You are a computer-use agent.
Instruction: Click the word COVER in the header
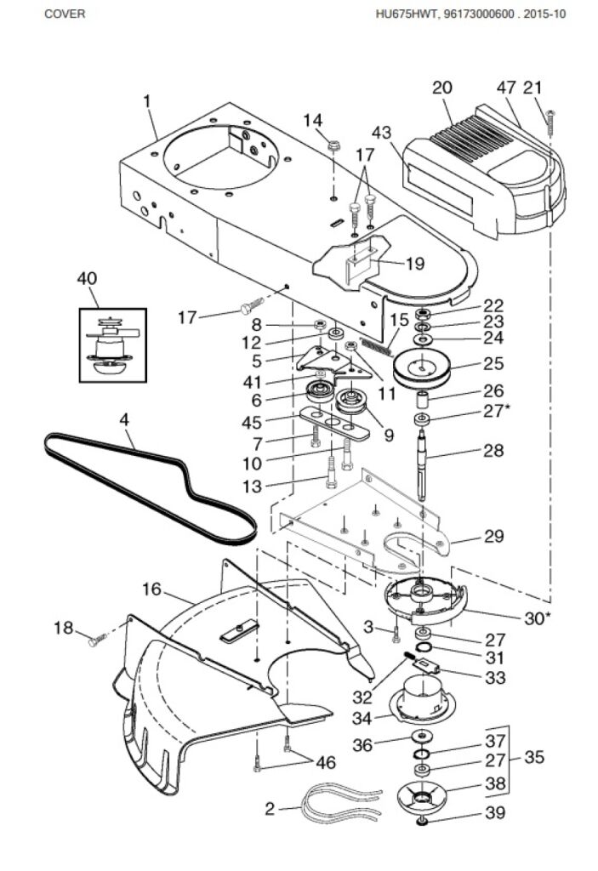pos(65,14)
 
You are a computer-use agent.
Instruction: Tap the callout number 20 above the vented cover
pos(441,88)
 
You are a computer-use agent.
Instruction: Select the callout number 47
pos(506,88)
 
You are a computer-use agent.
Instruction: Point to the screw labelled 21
pos(550,123)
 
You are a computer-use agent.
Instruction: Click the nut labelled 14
pos(333,146)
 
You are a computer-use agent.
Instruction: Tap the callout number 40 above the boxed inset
pos(87,278)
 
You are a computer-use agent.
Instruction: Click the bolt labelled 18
pos(97,640)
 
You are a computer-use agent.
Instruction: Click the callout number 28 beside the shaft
pos(493,450)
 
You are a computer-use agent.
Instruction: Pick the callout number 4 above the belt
pos(124,419)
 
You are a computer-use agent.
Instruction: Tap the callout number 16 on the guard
pos(151,589)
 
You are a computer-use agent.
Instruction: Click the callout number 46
pos(326,762)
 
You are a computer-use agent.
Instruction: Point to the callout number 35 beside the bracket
pos(534,757)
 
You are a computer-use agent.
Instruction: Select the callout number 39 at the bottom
pos(495,812)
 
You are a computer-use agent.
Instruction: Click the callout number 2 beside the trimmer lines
pos(271,809)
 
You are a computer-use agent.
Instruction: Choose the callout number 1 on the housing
pos(146,101)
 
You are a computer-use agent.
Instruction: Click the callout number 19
pos(414,264)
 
